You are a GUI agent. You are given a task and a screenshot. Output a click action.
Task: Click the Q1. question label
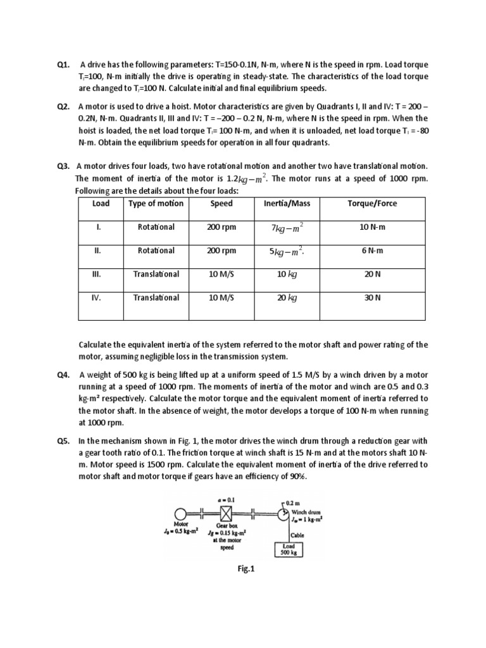(x=63, y=65)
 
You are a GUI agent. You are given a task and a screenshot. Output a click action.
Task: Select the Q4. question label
(x=63, y=375)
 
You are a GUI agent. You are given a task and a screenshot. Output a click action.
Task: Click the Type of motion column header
(x=156, y=204)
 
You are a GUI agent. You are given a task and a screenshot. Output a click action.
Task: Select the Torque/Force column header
(x=373, y=204)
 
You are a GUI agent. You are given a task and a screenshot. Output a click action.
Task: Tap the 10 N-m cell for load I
(x=373, y=227)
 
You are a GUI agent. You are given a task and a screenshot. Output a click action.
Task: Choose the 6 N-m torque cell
(x=373, y=251)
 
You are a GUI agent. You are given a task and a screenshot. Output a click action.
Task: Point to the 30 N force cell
(x=373, y=297)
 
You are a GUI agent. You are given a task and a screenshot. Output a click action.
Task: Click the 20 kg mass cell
(x=286, y=297)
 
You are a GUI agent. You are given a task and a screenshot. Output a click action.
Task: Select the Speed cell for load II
(x=221, y=251)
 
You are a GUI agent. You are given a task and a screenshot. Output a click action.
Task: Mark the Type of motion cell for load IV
(x=156, y=297)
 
